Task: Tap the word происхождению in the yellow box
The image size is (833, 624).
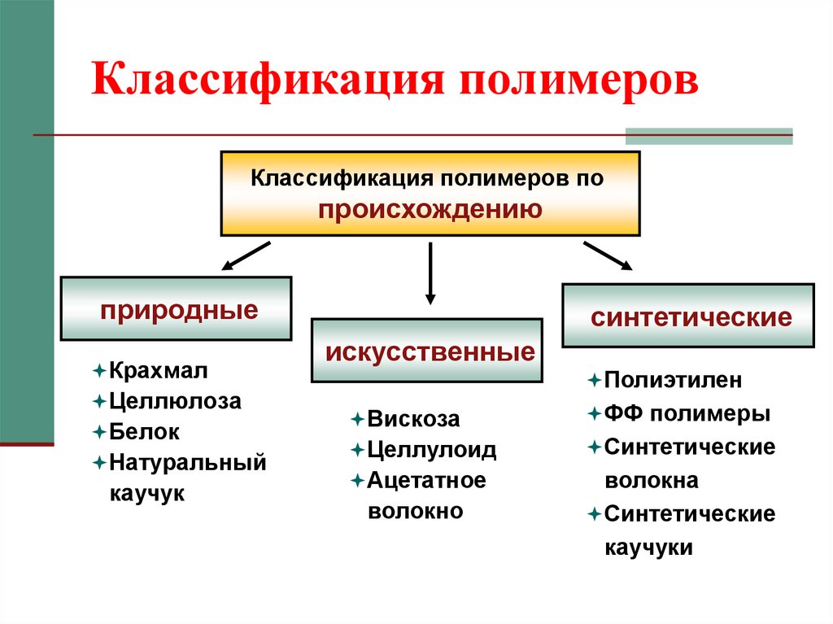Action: [x=430, y=210]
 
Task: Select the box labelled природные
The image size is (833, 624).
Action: [x=176, y=308]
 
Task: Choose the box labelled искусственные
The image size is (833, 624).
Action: [x=427, y=351]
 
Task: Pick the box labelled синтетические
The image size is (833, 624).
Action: [x=687, y=315]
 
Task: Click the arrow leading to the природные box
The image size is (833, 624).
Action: [x=246, y=254]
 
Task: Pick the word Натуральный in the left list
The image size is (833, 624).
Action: [x=188, y=463]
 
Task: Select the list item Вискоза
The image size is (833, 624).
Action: [x=413, y=419]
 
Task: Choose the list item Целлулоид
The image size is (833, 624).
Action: [x=431, y=449]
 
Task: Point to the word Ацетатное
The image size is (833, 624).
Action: [x=426, y=480]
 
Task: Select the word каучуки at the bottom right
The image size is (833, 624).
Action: [x=648, y=547]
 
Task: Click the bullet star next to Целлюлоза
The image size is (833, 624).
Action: [x=98, y=401]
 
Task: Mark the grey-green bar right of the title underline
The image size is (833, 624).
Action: [x=709, y=136]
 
